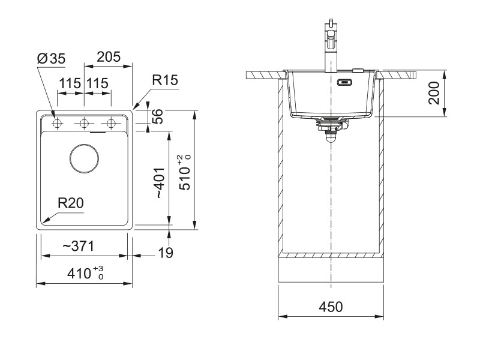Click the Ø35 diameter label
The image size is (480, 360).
coord(51,58)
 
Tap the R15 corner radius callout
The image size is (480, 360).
coord(165,80)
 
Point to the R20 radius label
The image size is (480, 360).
coord(70,203)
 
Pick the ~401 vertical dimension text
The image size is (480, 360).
coord(158,183)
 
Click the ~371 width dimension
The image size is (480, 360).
coord(78,247)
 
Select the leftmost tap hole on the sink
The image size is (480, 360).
coord(58,124)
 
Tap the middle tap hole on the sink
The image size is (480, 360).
coord(84,124)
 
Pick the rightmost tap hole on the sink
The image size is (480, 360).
coord(110,124)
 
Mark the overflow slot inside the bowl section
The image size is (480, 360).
coord(346,83)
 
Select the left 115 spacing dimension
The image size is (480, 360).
coord(70,84)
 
